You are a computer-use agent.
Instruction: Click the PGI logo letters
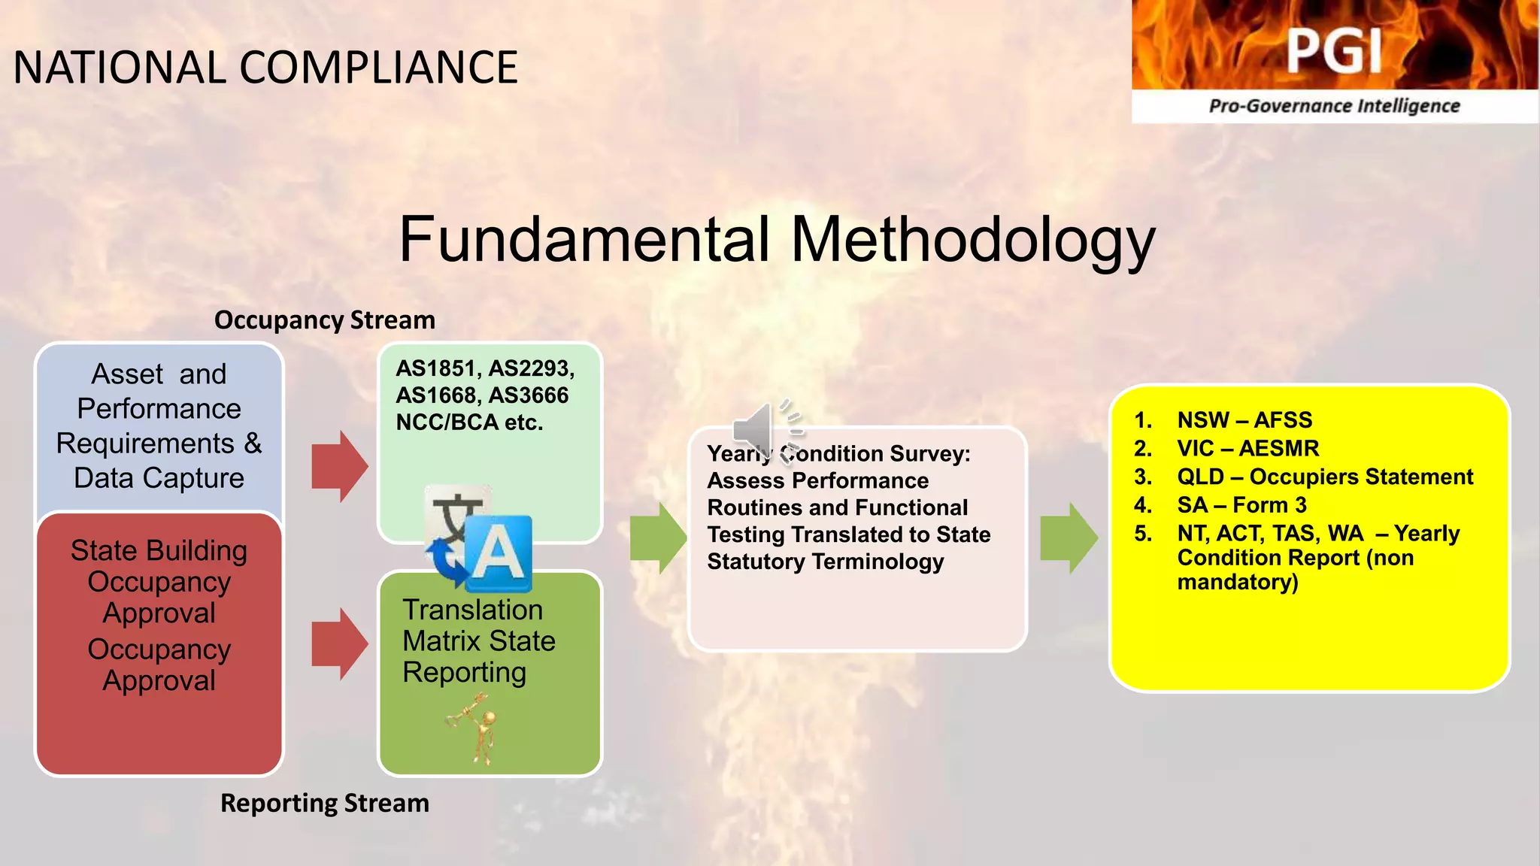[x=1334, y=51]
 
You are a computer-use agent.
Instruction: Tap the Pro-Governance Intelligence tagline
[x=1334, y=106]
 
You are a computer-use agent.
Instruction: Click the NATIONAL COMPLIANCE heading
[x=265, y=68]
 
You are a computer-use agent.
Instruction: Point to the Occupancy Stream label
[x=324, y=320]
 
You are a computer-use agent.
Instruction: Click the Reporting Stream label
[x=324, y=803]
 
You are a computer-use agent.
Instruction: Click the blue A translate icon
[x=498, y=554]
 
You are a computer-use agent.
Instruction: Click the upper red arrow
[x=340, y=467]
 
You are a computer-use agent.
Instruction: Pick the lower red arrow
[x=340, y=644]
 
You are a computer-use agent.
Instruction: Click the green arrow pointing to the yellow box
[x=1069, y=538]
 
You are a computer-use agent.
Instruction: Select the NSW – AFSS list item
[x=1244, y=419]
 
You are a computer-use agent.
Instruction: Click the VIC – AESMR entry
[x=1247, y=448]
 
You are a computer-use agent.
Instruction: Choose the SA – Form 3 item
[x=1241, y=505]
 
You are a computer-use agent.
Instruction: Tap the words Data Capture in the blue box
[x=159, y=478]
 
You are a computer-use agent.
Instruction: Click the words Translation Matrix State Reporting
[x=478, y=640]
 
